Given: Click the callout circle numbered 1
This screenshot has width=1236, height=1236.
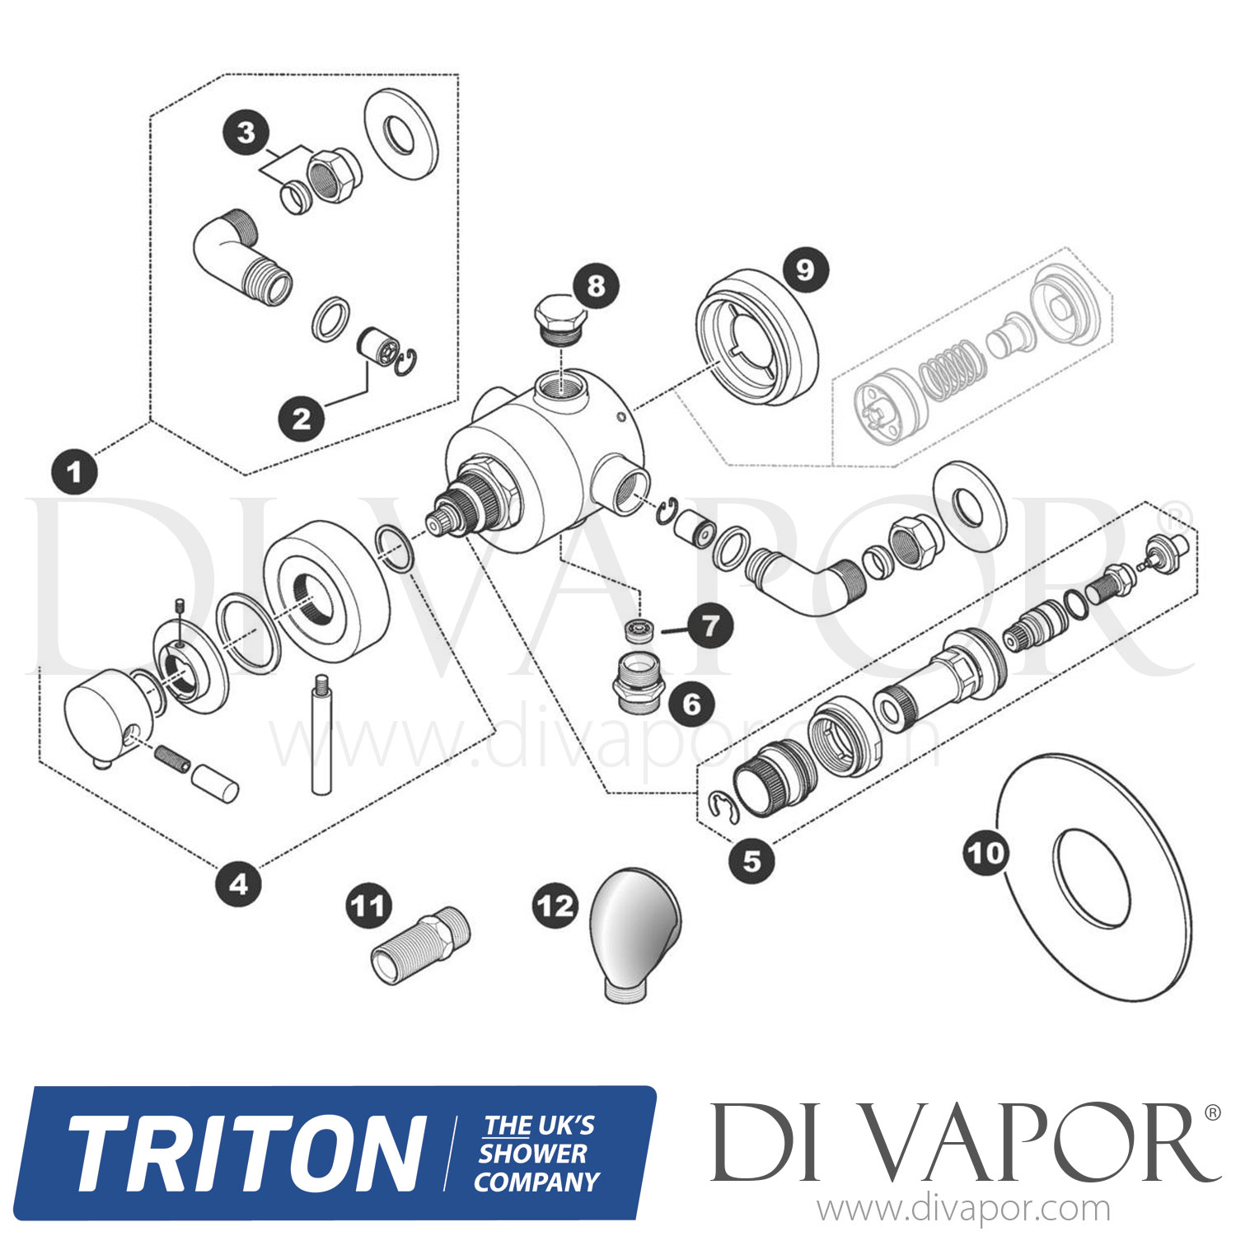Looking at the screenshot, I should (75, 472).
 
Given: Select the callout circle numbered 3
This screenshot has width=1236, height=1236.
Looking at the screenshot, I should (246, 133).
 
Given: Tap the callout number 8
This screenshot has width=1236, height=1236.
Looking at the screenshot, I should (596, 286).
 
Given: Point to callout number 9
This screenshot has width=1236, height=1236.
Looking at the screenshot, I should (805, 269).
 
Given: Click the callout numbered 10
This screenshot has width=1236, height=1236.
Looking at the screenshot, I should (986, 853).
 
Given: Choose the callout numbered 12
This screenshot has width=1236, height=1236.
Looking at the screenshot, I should (555, 906).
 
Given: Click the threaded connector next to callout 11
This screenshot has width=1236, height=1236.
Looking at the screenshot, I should (420, 945).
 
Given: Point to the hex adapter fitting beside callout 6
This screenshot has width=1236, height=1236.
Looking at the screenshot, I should (637, 681).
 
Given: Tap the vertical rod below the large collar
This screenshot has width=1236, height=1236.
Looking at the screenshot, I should (321, 733).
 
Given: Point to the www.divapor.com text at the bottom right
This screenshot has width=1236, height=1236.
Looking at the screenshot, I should (963, 1210).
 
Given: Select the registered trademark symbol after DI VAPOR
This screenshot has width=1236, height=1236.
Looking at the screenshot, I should (1212, 1113).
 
